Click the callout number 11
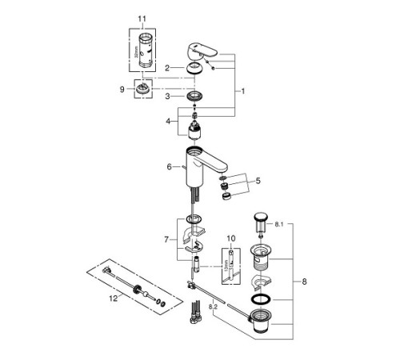point(142,18)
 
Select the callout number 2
point(168,69)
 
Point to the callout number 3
point(167,97)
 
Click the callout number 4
point(167,122)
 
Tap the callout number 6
point(169,166)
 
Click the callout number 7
point(166,239)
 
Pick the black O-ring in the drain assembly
point(259,299)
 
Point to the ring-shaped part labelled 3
point(194,98)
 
